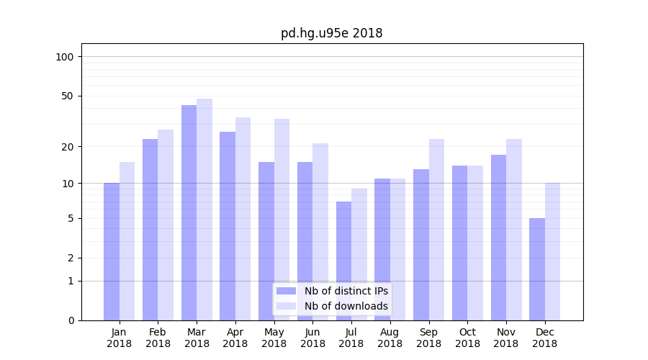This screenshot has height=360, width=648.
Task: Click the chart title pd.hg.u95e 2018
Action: click(x=331, y=33)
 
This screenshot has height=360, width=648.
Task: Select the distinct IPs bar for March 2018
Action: click(x=189, y=212)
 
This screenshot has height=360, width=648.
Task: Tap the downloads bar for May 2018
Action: click(x=282, y=220)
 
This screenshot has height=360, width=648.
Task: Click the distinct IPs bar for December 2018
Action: click(x=537, y=269)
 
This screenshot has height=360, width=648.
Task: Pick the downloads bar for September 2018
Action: click(x=436, y=230)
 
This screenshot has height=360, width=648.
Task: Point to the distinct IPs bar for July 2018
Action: click(x=343, y=261)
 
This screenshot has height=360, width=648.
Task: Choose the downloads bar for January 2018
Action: click(x=127, y=241)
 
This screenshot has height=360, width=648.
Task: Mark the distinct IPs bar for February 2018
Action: click(x=150, y=230)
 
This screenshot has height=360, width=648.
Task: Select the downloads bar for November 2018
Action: click(x=514, y=230)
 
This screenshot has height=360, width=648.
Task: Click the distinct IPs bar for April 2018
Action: click(x=228, y=226)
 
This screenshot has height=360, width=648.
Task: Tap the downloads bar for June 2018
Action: click(x=320, y=232)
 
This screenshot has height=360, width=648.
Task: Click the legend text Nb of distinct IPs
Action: click(x=346, y=291)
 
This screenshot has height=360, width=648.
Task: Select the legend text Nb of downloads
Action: click(x=346, y=306)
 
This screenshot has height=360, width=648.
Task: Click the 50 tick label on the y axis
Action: click(x=67, y=96)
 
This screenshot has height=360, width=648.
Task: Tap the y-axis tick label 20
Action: click(x=67, y=147)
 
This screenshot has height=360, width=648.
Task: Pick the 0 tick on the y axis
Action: click(x=71, y=320)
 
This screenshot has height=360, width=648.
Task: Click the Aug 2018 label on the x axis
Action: click(x=390, y=338)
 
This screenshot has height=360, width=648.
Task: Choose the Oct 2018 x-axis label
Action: click(x=467, y=338)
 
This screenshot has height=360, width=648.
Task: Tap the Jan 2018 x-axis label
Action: click(x=119, y=338)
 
